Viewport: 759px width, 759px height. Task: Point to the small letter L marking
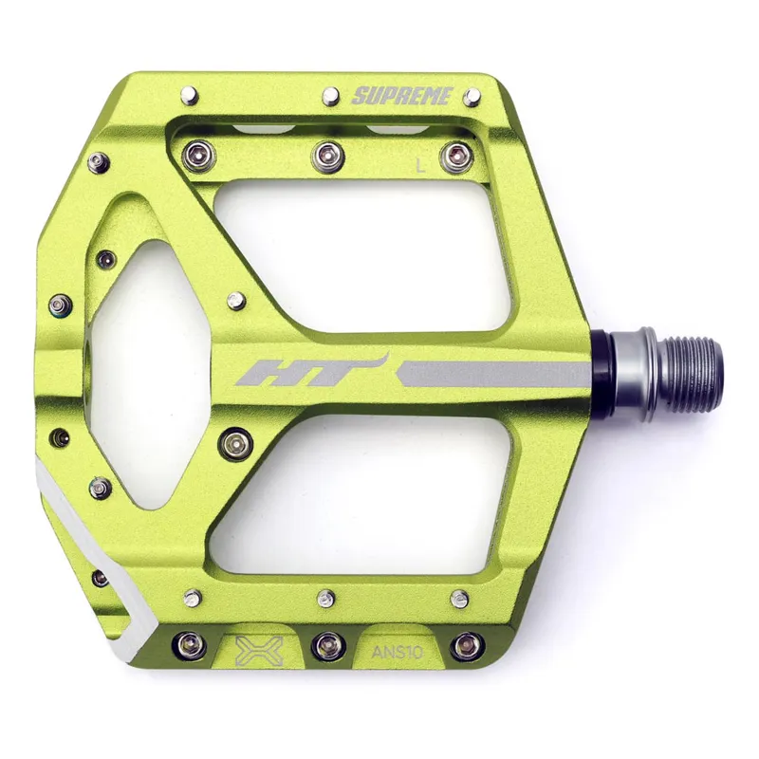(420, 164)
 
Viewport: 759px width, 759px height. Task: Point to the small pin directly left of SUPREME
(331, 94)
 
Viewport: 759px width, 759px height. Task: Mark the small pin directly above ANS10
(460, 598)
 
